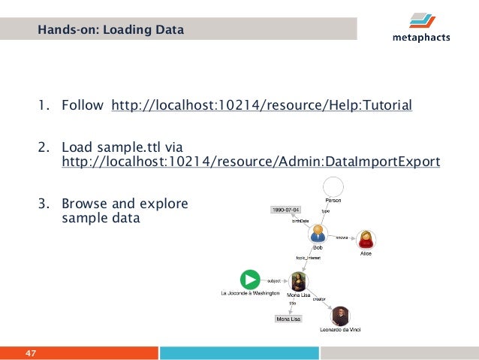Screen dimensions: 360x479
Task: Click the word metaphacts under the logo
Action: [x=421, y=38]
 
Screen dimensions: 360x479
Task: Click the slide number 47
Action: [x=32, y=353]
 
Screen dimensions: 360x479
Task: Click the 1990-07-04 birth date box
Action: [x=286, y=209]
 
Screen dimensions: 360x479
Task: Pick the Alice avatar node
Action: [x=366, y=240]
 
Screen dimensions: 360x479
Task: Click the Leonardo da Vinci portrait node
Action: [x=342, y=316]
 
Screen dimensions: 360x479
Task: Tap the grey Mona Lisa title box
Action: [x=289, y=319]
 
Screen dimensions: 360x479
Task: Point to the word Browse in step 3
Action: [x=84, y=204]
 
